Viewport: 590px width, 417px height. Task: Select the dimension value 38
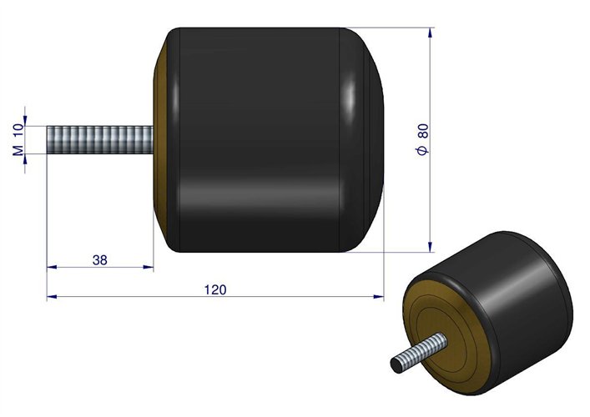(99, 260)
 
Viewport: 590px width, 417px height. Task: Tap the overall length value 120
(214, 289)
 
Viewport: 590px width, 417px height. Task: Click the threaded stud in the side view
(100, 138)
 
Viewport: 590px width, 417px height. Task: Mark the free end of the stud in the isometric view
(397, 364)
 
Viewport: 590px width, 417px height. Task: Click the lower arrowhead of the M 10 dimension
(27, 156)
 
